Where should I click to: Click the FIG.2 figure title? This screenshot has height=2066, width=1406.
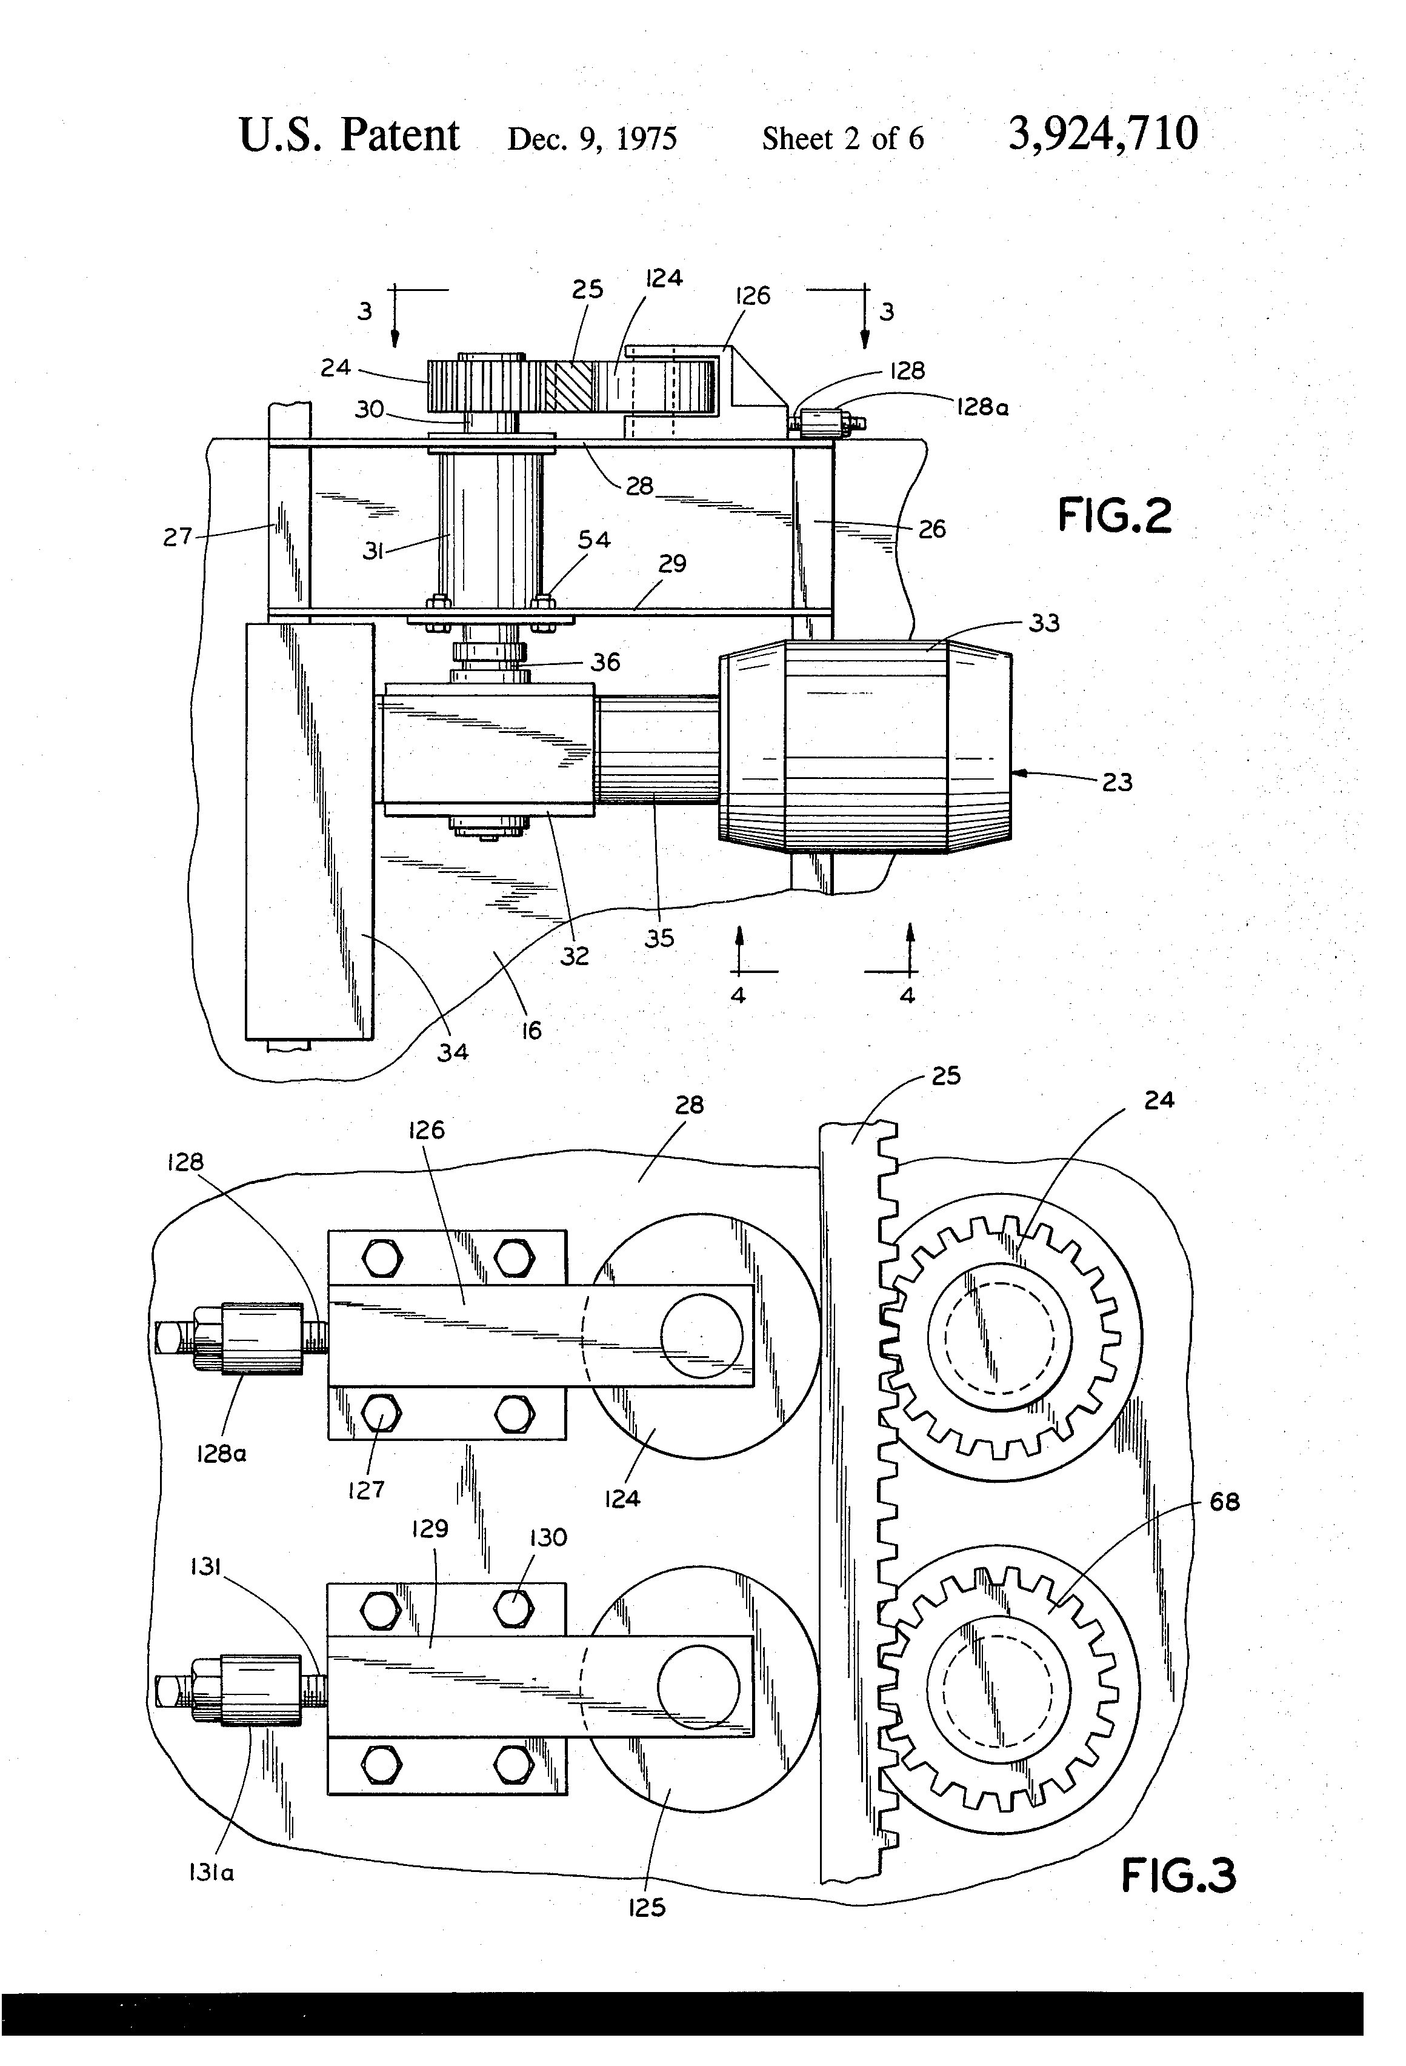tap(1114, 516)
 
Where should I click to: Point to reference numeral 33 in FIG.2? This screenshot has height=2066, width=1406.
tap(1044, 623)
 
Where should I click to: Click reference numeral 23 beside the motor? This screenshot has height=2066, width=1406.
tap(1117, 782)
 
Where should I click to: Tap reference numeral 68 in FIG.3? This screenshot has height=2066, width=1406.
tap(1225, 1502)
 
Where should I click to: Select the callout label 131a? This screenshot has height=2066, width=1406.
tap(211, 1873)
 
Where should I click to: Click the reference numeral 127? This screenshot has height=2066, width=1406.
tap(366, 1490)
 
